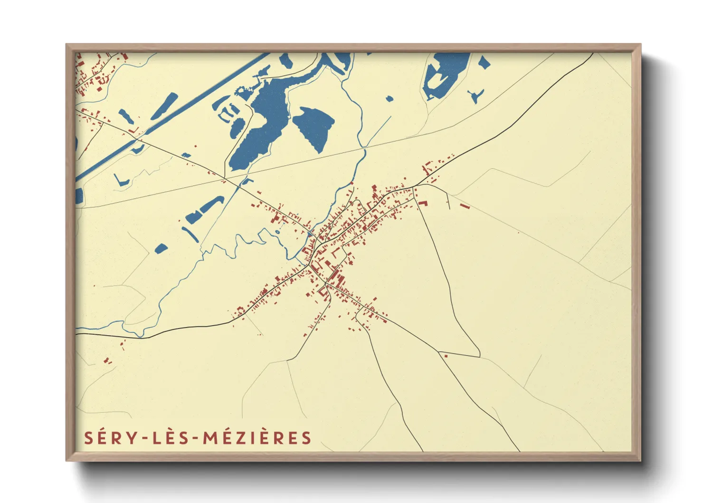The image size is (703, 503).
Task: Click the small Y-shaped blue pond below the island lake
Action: (475, 95)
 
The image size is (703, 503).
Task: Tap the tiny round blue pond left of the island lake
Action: (389, 99)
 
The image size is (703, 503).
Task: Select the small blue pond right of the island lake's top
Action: (483, 62)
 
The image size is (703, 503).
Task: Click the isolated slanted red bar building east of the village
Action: (464, 206)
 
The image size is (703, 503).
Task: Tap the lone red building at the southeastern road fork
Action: (446, 355)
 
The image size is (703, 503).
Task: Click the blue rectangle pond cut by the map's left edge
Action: (79, 195)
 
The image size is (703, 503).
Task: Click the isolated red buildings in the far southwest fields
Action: (108, 361)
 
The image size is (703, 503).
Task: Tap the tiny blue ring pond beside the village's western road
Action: (277, 232)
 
